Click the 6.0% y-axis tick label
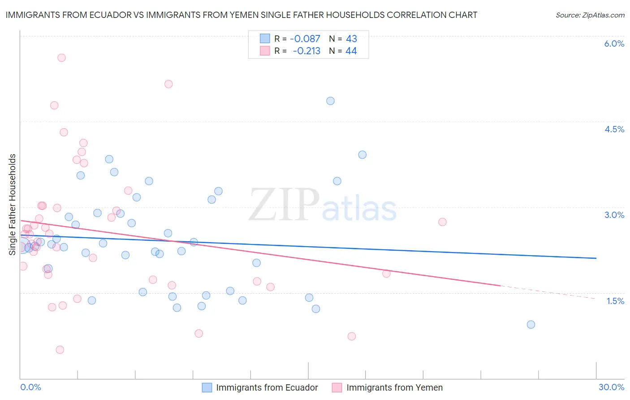coord(614,43)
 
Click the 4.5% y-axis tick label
coord(614,129)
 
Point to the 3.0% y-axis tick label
coord(614,215)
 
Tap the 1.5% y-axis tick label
coord(615,301)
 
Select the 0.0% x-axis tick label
coord(31,387)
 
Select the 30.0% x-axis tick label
coord(611,387)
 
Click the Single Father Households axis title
coord(12,204)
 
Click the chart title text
coord(242,15)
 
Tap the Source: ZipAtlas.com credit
coord(590,15)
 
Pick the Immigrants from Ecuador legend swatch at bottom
coord(207,387)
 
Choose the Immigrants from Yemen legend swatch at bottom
coord(337,387)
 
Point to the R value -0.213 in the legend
coord(307,51)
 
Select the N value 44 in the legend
coord(351,51)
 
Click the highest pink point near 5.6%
coord(61,57)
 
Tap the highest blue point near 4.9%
coord(330,101)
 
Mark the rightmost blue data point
coord(531,324)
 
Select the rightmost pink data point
coord(442,222)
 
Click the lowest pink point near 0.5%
coord(60,350)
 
